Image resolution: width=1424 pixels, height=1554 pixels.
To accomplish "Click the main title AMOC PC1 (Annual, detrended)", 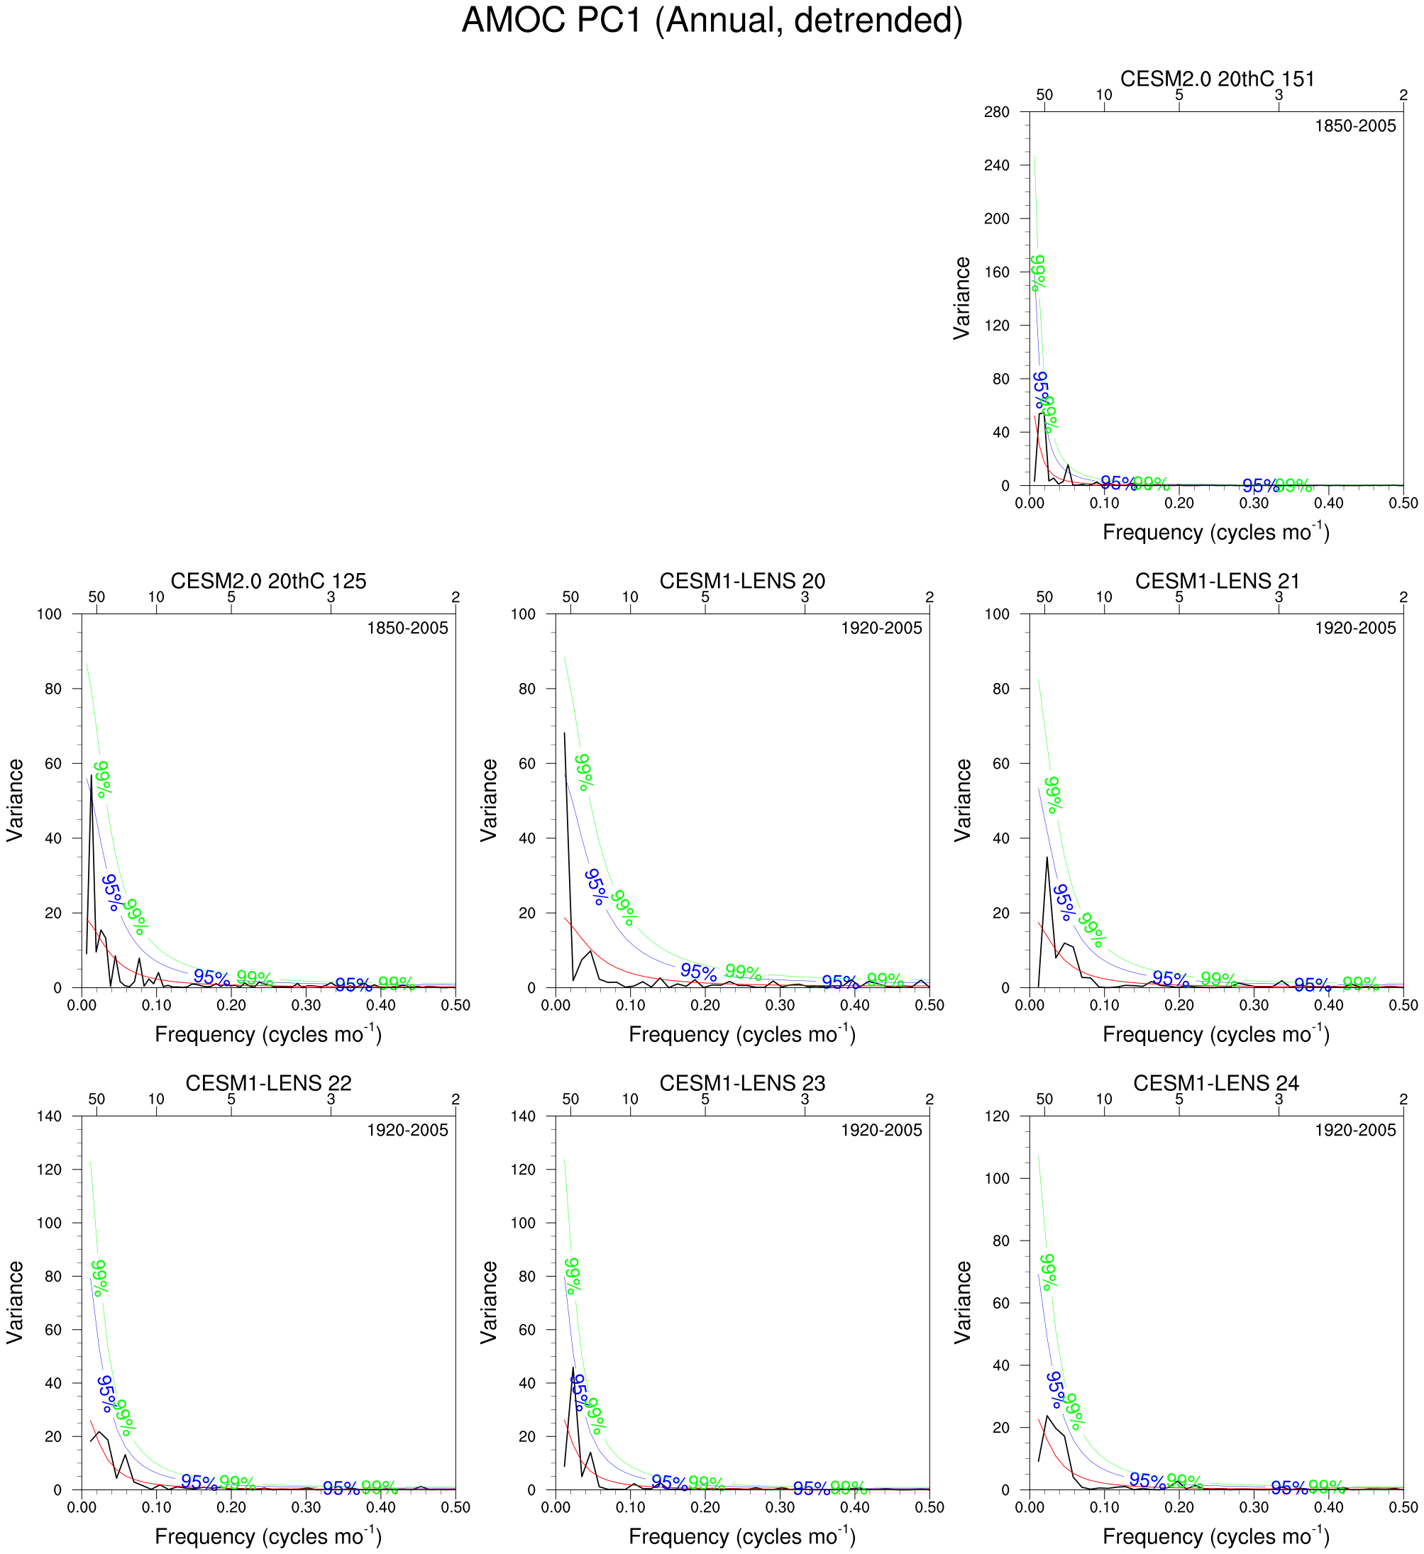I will click(x=712, y=21).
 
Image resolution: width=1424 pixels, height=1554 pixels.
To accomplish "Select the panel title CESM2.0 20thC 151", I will click(x=1217, y=79).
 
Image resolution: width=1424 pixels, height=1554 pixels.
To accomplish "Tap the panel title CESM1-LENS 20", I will click(x=741, y=581).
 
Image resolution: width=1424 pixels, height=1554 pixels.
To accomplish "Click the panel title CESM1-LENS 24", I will click(x=1216, y=1083).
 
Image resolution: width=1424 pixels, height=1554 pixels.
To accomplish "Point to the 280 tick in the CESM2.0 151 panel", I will click(x=996, y=113).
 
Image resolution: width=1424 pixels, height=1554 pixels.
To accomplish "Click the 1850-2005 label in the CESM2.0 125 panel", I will click(x=407, y=628).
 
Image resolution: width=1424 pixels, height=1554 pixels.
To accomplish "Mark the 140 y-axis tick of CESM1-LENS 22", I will click(x=48, y=1116).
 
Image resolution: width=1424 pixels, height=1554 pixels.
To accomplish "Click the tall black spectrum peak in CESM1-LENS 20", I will click(x=564, y=733).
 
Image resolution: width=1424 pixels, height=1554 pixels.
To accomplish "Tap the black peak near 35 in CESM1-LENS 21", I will click(x=1047, y=858).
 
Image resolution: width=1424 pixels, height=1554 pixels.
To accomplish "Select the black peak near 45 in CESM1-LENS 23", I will click(x=573, y=1368).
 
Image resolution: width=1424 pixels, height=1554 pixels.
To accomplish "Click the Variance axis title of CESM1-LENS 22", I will click(x=16, y=1303).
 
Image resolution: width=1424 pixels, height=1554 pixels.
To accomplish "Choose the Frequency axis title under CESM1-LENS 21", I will click(x=1216, y=1033).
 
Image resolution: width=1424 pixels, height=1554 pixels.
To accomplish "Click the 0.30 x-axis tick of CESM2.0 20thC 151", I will click(x=1254, y=504).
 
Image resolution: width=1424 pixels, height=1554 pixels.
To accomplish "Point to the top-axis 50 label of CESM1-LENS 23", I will click(x=570, y=1099).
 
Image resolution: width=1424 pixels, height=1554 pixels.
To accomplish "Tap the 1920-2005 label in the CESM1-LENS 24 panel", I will click(x=1354, y=1131).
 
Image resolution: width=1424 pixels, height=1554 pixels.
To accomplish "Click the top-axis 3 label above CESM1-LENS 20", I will click(x=805, y=597).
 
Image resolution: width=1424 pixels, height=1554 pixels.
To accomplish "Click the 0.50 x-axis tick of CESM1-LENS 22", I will click(x=456, y=1508).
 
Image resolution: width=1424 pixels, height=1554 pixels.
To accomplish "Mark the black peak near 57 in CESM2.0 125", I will click(x=91, y=775).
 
